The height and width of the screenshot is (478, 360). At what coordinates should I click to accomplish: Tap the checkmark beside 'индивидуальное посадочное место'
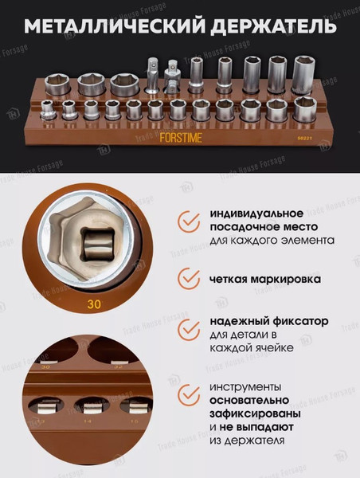coord(189,221)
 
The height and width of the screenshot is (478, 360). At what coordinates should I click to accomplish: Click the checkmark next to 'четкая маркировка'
coord(189,279)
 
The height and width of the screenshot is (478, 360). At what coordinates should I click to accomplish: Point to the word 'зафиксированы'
coord(255,413)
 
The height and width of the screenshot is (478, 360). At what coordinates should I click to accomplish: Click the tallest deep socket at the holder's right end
coord(303,76)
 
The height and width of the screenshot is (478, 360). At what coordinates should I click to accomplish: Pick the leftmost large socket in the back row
coord(58,83)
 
